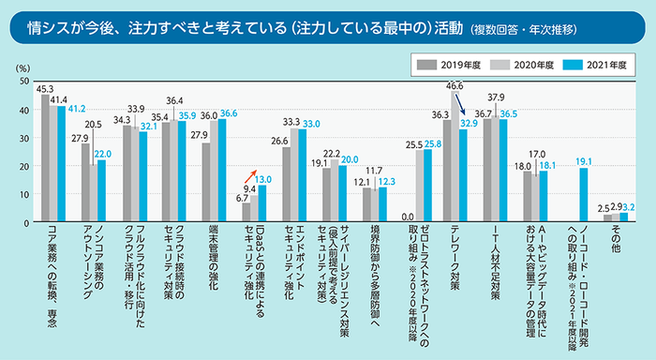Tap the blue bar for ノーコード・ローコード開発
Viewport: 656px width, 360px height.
(x=584, y=194)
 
